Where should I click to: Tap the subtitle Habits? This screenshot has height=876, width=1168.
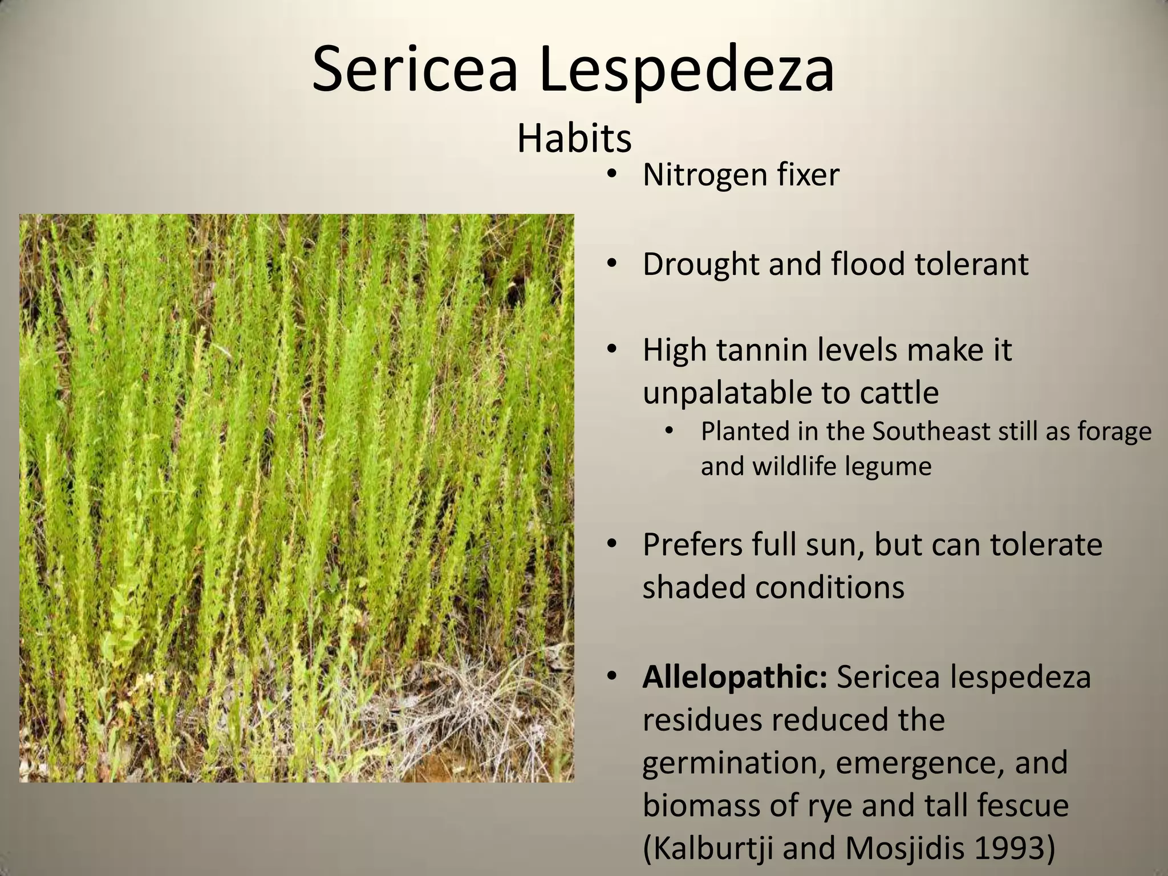click(574, 139)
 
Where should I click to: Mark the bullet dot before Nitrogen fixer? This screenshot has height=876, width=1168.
click(612, 174)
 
